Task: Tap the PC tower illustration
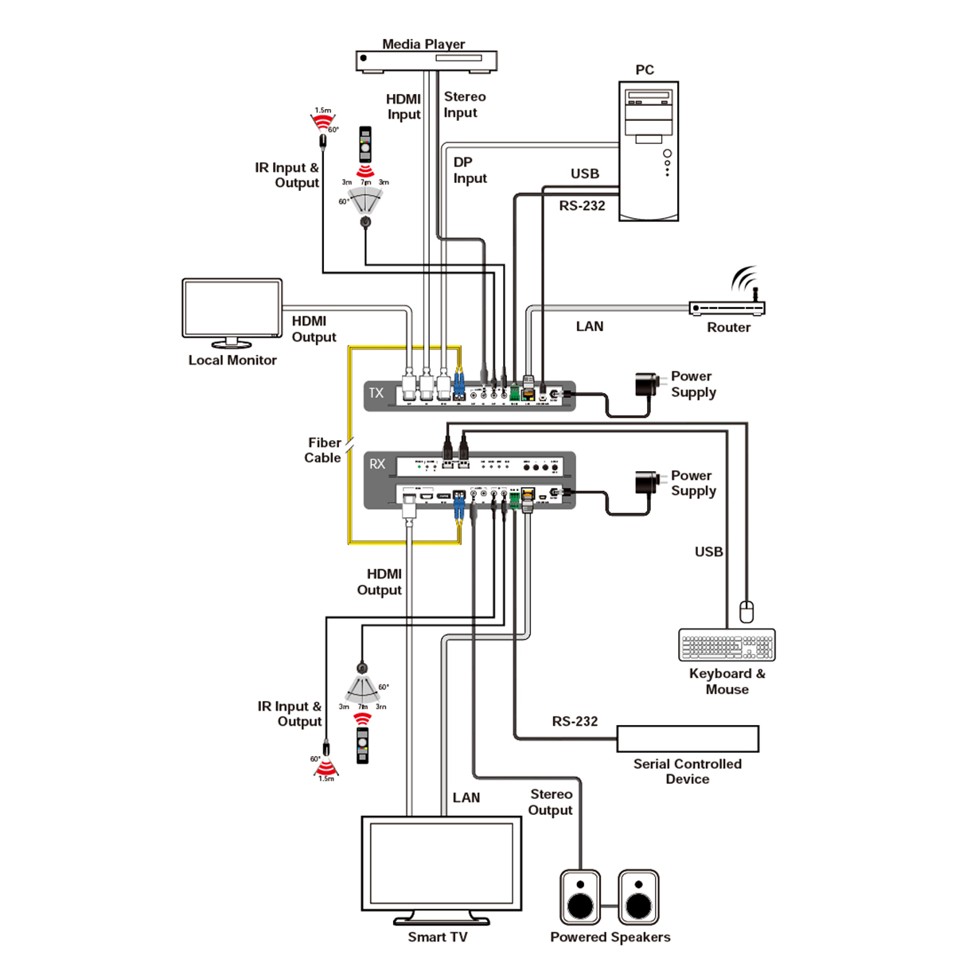tap(649, 150)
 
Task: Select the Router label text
tap(728, 327)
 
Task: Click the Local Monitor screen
tap(232, 309)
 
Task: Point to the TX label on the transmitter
tap(376, 393)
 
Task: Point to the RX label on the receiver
tap(377, 464)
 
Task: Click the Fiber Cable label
tap(323, 450)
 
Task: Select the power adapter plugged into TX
tap(647, 384)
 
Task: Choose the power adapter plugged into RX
tap(647, 483)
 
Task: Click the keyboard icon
tap(727, 645)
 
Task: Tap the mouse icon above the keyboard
tap(746, 611)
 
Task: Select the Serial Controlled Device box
tap(688, 739)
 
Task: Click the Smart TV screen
tap(442, 863)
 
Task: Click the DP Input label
tap(470, 170)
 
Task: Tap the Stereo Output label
tap(551, 802)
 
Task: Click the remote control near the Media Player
tap(365, 144)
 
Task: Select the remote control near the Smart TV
tap(363, 745)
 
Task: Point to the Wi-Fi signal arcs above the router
tap(745, 281)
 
